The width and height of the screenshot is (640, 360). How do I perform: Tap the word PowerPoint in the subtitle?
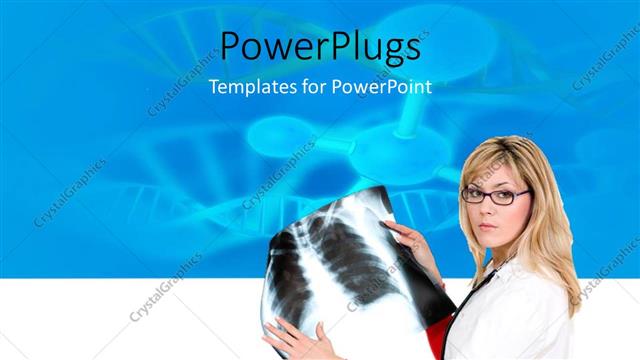click(385, 87)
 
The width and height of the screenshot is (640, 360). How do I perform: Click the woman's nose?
click(487, 207)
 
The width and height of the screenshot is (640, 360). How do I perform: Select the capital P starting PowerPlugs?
click(231, 46)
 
